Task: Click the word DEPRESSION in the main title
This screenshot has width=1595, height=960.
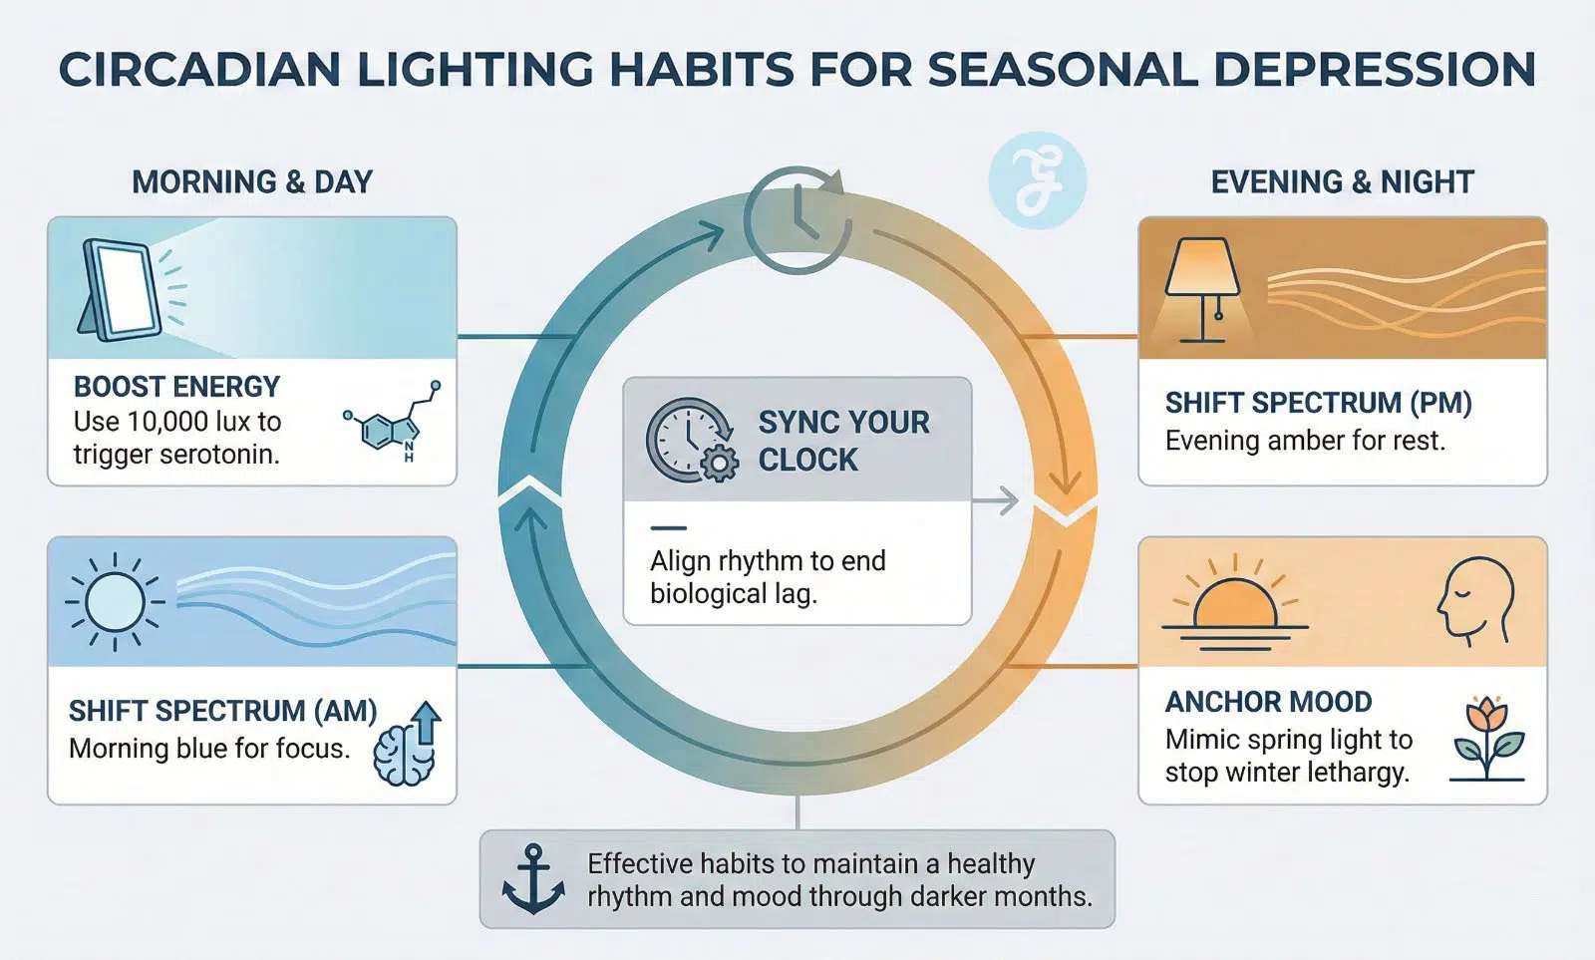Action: pos(1375,70)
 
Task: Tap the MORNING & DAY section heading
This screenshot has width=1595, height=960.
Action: pos(252,182)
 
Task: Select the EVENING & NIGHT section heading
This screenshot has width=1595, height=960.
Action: pos(1342,182)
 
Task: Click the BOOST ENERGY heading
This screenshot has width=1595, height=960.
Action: pos(176,387)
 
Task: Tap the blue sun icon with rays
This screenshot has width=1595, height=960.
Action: pos(115,602)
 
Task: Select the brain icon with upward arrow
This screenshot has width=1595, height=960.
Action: pos(408,744)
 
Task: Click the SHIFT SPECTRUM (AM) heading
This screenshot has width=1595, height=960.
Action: pos(223,711)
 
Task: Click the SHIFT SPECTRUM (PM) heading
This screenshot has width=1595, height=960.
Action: pos(1319,403)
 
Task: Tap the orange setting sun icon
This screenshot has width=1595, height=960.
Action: pos(1235,602)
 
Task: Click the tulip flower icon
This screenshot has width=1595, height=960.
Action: pos(1487,739)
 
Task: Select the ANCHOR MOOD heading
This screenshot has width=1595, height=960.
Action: pos(1269,702)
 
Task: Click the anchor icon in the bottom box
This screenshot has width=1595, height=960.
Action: pos(533,879)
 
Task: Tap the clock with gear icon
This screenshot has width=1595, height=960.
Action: pos(692,440)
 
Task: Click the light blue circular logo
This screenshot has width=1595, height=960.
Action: pos(1038,180)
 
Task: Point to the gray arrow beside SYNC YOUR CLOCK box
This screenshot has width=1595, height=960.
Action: pos(996,501)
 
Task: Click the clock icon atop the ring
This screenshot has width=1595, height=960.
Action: pos(797,219)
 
